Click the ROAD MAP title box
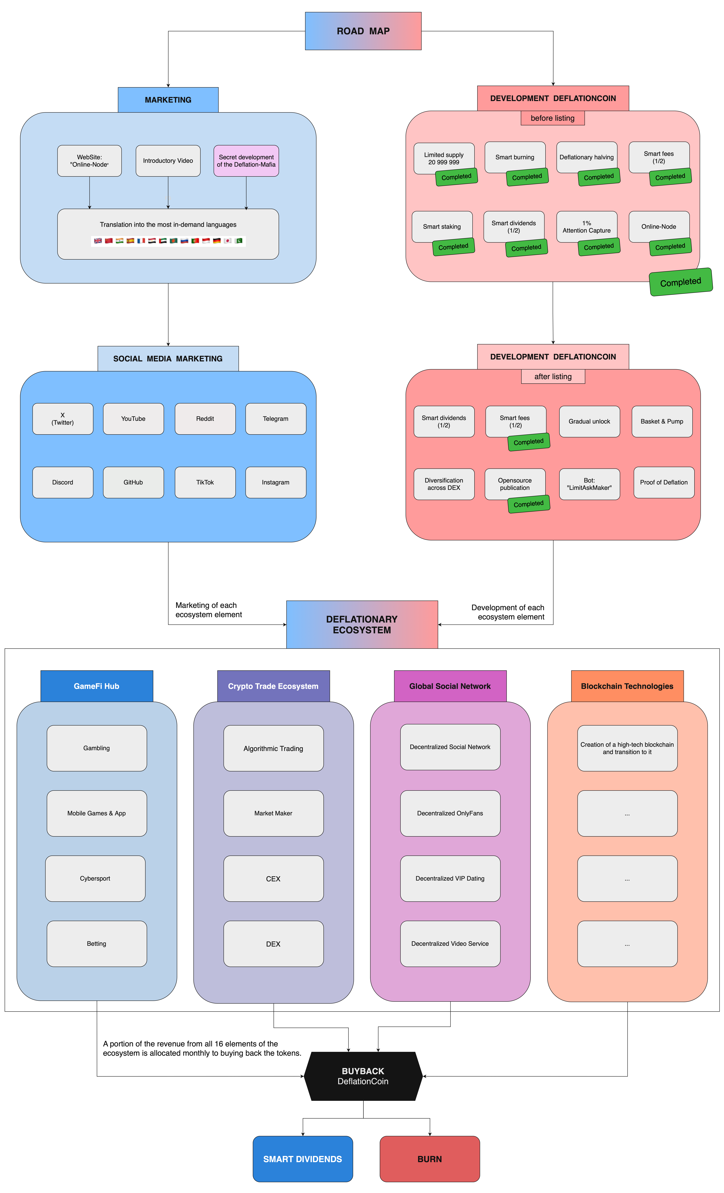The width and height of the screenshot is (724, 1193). pyautogui.click(x=363, y=31)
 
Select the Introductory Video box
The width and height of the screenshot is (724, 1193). pyautogui.click(x=168, y=161)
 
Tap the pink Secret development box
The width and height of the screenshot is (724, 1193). pyautogui.click(x=246, y=161)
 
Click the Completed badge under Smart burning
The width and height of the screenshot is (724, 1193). pyautogui.click(x=527, y=177)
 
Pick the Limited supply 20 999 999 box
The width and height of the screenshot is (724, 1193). pyautogui.click(x=444, y=158)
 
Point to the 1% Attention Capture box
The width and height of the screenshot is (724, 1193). pyautogui.click(x=587, y=227)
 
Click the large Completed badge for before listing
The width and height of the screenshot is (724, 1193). pyautogui.click(x=681, y=282)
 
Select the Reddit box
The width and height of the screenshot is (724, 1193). pyautogui.click(x=205, y=419)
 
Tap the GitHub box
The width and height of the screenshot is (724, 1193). pyautogui.click(x=133, y=482)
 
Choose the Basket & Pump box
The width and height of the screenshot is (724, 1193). pyautogui.click(x=662, y=421)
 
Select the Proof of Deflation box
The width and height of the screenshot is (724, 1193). pyautogui.click(x=664, y=482)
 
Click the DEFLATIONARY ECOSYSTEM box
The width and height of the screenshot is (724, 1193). pyautogui.click(x=362, y=625)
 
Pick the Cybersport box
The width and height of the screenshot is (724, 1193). pyautogui.click(x=95, y=878)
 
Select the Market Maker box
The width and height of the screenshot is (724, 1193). pyautogui.click(x=273, y=813)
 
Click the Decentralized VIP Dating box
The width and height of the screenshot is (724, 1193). pyautogui.click(x=450, y=878)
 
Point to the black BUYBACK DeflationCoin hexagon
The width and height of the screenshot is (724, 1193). pyautogui.click(x=363, y=1076)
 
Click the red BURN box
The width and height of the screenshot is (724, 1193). pyautogui.click(x=430, y=1159)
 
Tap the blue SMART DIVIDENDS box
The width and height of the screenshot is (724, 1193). pyautogui.click(x=303, y=1159)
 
